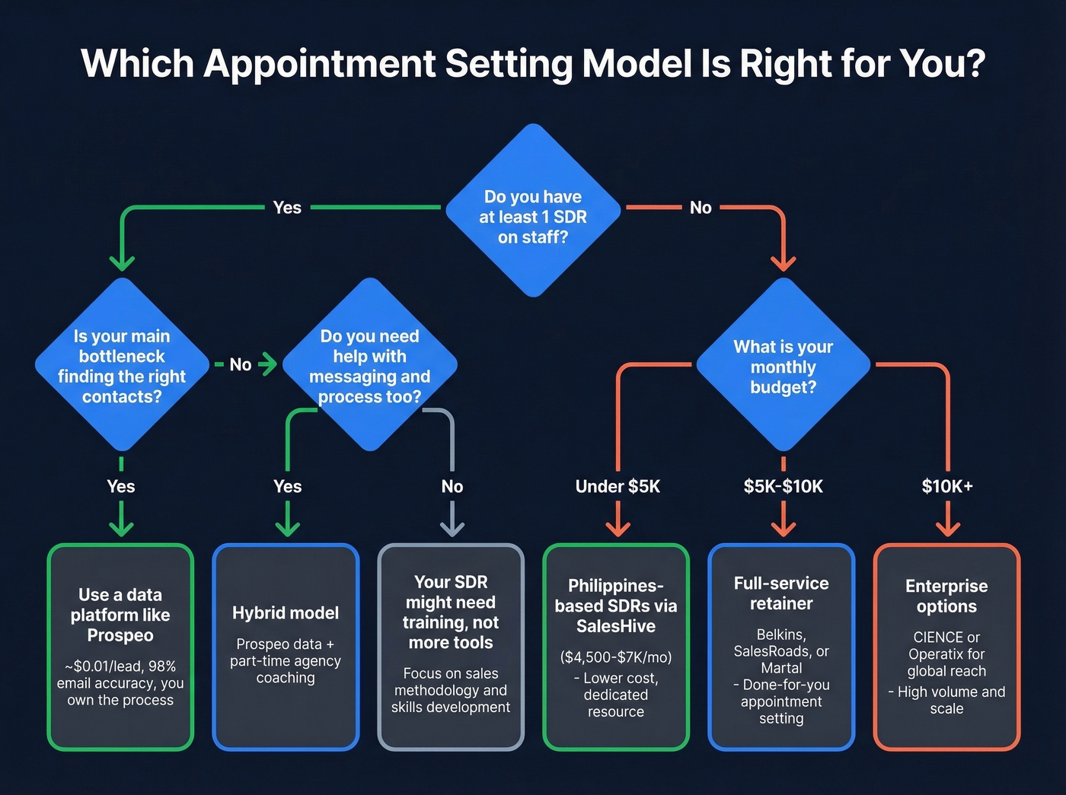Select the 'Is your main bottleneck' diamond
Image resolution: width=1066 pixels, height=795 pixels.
(122, 365)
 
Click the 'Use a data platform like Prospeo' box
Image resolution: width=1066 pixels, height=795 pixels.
(120, 647)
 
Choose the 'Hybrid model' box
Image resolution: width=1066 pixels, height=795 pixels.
(286, 647)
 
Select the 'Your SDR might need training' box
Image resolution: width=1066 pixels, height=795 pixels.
(451, 647)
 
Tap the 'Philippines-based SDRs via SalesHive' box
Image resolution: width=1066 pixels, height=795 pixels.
(616, 647)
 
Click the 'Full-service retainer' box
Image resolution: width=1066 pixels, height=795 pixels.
(781, 647)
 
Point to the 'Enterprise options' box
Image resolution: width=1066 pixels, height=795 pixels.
(946, 647)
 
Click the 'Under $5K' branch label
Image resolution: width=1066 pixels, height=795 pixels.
(618, 487)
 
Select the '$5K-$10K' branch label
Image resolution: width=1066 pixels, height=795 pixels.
(783, 487)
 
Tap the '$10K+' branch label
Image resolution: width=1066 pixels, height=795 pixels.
(947, 487)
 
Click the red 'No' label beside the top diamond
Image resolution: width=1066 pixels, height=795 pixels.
(701, 208)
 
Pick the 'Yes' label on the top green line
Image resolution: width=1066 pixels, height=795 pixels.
(287, 208)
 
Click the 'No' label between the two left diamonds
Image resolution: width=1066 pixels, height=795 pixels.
(241, 365)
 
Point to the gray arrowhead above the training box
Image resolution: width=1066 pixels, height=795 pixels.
(452, 529)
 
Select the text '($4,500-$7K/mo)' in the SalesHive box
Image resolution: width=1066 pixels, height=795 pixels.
(616, 657)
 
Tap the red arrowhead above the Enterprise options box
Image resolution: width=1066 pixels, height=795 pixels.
(947, 529)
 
